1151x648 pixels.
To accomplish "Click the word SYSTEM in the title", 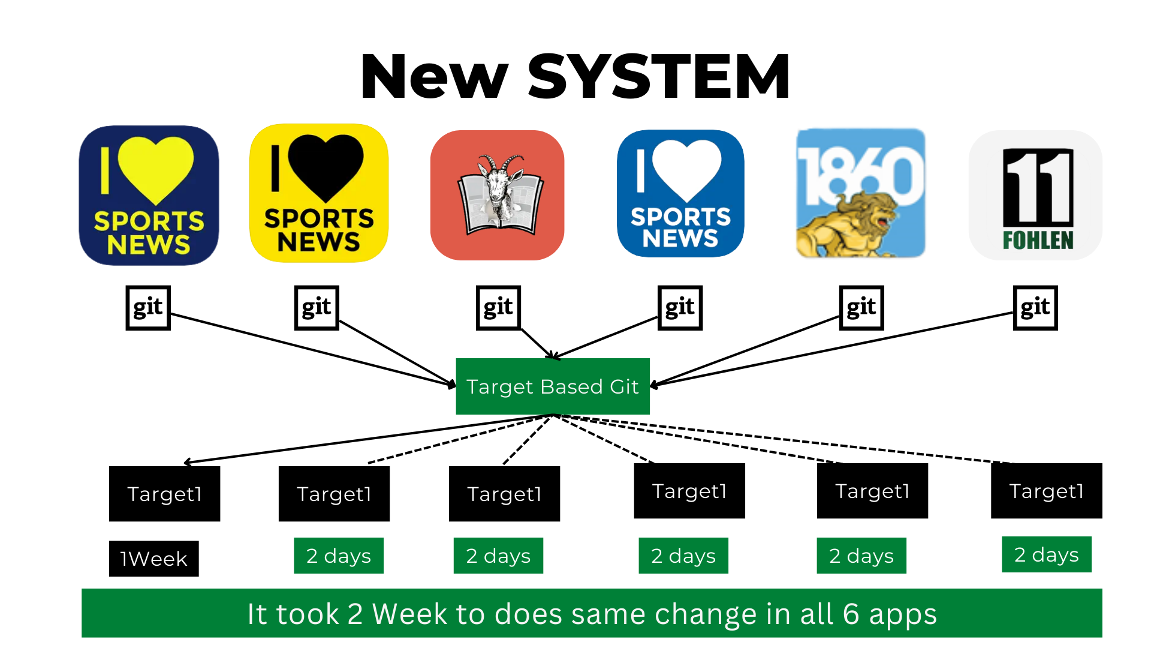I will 658,76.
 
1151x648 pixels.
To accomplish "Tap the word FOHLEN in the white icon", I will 1038,241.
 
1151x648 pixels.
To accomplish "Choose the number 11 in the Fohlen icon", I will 1038,186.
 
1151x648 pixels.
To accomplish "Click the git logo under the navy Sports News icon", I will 148,308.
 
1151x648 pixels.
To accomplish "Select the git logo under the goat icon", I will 498,308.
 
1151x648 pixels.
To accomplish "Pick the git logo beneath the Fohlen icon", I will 1035,308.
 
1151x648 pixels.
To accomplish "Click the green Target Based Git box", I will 552,386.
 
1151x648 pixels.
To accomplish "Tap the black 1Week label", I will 153,559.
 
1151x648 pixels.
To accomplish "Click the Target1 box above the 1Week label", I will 164,494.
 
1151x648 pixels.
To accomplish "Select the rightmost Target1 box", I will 1046,491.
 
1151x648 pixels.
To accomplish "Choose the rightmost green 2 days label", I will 1046,555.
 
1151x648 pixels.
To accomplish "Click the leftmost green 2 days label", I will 338,556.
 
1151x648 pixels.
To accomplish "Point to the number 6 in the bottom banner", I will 851,614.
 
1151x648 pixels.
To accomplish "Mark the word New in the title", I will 434,76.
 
